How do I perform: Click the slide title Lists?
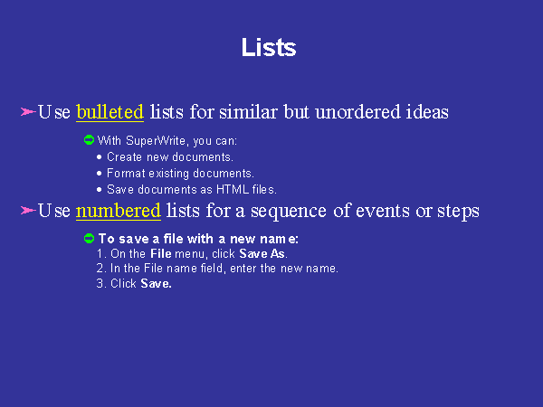pyautogui.click(x=269, y=47)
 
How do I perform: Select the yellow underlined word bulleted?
pyautogui.click(x=110, y=112)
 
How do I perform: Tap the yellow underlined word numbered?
pyautogui.click(x=118, y=211)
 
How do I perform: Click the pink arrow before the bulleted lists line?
pyautogui.click(x=28, y=111)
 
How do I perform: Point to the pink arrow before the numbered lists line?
pyautogui.click(x=28, y=210)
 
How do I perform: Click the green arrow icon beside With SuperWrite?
pyautogui.click(x=89, y=140)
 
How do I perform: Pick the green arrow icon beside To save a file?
pyautogui.click(x=89, y=238)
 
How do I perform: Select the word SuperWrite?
pyautogui.click(x=156, y=141)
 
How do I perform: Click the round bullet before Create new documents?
pyautogui.click(x=100, y=157)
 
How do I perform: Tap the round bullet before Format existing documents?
pyautogui.click(x=100, y=174)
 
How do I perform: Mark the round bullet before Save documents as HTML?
pyautogui.click(x=100, y=190)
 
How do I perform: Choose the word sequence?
pyautogui.click(x=289, y=212)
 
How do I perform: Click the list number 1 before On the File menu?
pyautogui.click(x=100, y=253)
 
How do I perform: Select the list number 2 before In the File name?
pyautogui.click(x=100, y=269)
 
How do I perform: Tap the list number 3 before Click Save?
pyautogui.click(x=100, y=283)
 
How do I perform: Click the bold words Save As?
pyautogui.click(x=262, y=253)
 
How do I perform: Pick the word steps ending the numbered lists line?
pyautogui.click(x=458, y=212)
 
